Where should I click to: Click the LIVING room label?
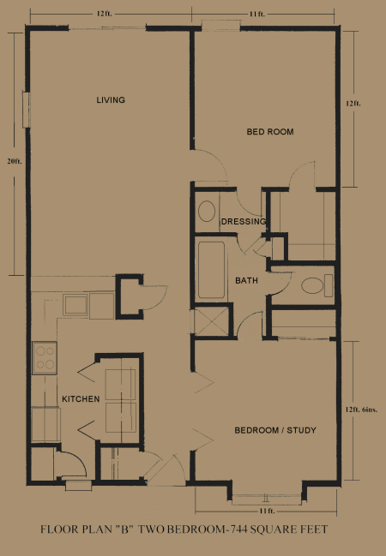click(x=111, y=100)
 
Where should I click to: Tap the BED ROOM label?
click(x=270, y=132)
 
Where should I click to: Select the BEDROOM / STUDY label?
click(x=275, y=430)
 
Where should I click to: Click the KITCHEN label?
click(x=81, y=399)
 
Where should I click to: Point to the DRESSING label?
click(x=244, y=222)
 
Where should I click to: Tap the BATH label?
click(x=246, y=281)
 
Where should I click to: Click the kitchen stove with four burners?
click(x=45, y=358)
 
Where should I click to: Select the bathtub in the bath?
click(x=211, y=270)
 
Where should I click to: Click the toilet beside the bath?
click(x=317, y=285)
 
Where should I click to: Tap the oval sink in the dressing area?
click(x=207, y=212)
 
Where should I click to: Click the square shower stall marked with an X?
click(x=211, y=322)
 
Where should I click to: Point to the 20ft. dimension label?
click(x=15, y=161)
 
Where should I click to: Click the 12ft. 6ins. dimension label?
click(x=365, y=410)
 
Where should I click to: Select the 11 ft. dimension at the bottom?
click(x=267, y=511)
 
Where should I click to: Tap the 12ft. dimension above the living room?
click(x=105, y=14)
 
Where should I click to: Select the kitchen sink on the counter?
click(x=75, y=305)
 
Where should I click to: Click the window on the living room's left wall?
click(x=27, y=109)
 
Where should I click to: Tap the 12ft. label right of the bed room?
click(x=353, y=104)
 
